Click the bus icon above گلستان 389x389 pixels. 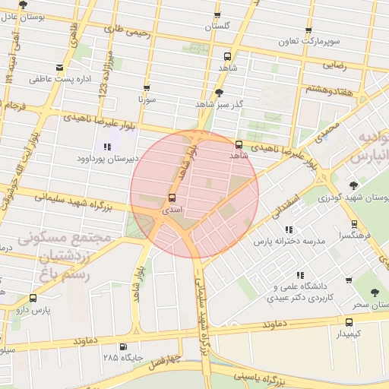coord(217,15)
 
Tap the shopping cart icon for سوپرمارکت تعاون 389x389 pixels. coord(308,31)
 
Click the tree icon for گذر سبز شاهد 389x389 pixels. coord(220,93)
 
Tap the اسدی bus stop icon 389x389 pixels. coord(172,198)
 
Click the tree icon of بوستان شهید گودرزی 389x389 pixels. coord(353,185)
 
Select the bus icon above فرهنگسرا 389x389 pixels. coord(354,224)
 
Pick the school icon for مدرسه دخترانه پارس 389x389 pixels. coord(289,229)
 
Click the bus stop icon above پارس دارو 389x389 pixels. coord(33,299)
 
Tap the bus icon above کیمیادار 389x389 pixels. coord(349,322)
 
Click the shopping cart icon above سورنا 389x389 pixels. coord(147,88)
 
